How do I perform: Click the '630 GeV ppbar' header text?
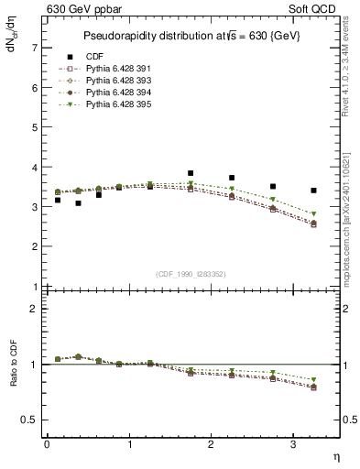(x=84, y=8)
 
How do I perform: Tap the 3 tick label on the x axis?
(x=293, y=443)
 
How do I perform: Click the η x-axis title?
(x=334, y=455)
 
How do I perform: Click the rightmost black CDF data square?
(x=314, y=191)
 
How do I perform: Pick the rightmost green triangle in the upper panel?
(x=314, y=214)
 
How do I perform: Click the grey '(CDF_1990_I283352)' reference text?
(x=191, y=274)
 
